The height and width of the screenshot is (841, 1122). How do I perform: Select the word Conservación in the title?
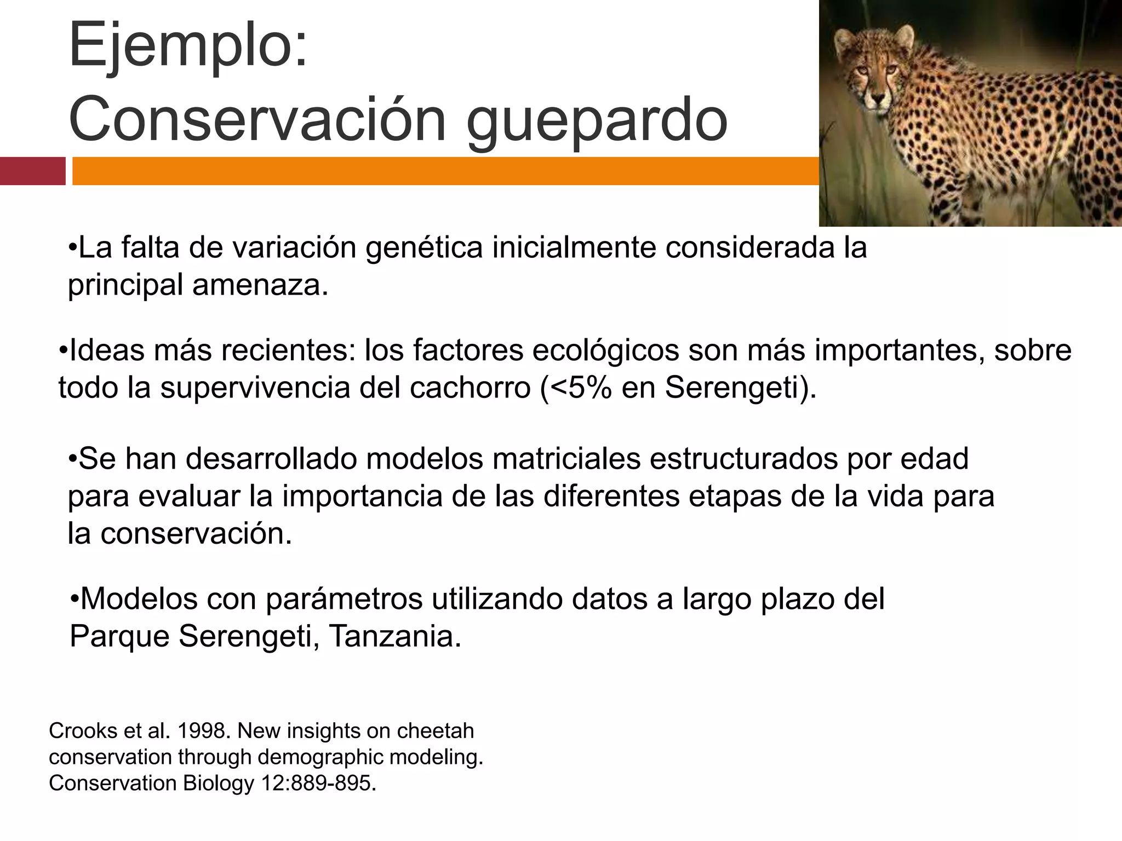[x=257, y=118]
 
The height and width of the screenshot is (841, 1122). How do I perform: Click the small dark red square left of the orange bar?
[x=32, y=171]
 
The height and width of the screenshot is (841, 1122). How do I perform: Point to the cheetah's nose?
[x=878, y=99]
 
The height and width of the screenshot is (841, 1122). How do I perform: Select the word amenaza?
[x=260, y=285]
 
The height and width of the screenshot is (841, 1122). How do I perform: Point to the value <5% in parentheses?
[x=576, y=388]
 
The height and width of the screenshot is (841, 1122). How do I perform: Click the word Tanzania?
[x=395, y=636]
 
